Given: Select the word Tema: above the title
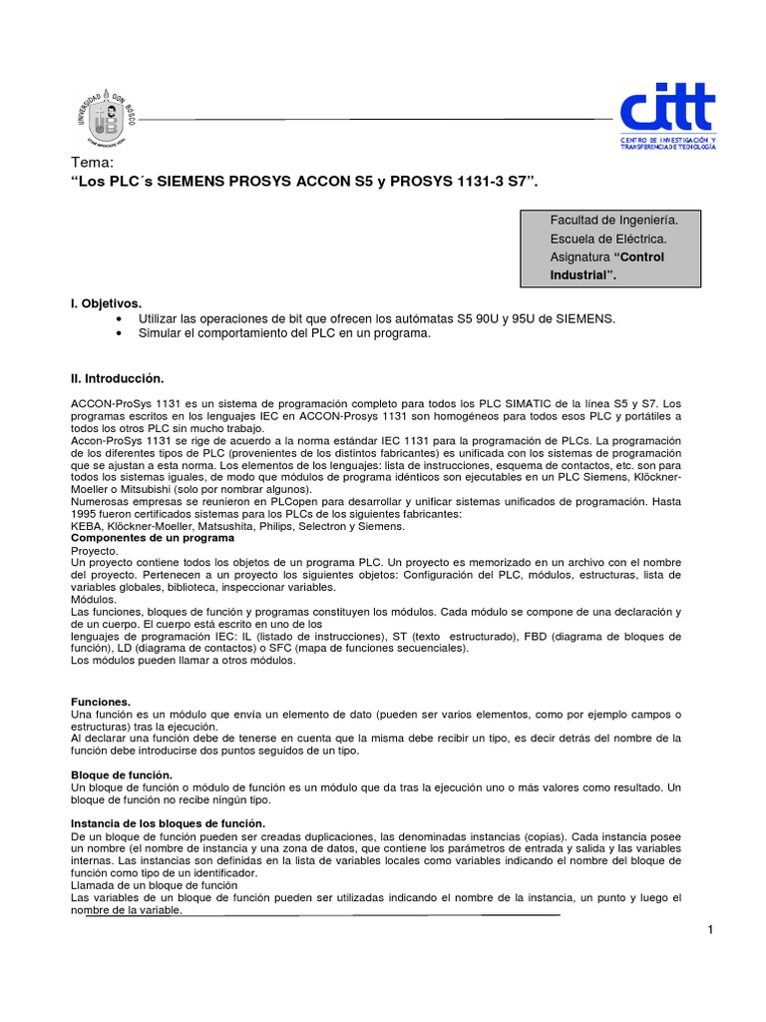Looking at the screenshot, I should (x=94, y=164).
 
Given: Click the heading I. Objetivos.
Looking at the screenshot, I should (x=107, y=301).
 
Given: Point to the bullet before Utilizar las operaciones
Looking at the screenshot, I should (x=120, y=317).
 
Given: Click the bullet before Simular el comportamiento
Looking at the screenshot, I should (x=120, y=333).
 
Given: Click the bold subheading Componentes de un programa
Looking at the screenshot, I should (x=153, y=537).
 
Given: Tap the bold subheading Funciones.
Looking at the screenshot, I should (x=101, y=703).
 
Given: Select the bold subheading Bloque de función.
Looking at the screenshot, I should (x=122, y=775).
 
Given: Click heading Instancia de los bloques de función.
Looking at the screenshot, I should (x=169, y=822).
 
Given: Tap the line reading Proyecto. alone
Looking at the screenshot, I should (x=96, y=550).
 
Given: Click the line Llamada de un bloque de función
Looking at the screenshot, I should (x=155, y=885).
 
